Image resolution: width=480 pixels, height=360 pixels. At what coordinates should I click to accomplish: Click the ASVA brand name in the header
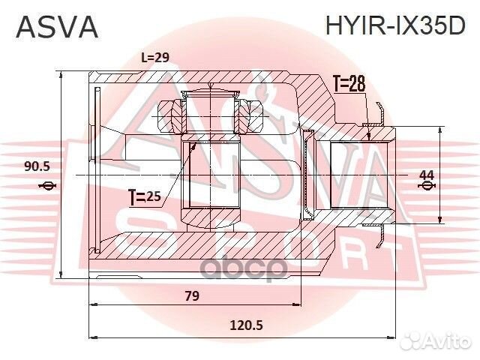[x=57, y=27]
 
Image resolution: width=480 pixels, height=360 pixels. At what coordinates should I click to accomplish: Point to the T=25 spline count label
[x=145, y=197]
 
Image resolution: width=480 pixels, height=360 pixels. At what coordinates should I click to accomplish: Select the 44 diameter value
[x=426, y=174]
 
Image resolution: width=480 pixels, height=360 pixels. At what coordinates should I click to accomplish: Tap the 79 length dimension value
[x=192, y=296]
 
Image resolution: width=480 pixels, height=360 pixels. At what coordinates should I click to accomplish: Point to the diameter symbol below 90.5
[x=46, y=186]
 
